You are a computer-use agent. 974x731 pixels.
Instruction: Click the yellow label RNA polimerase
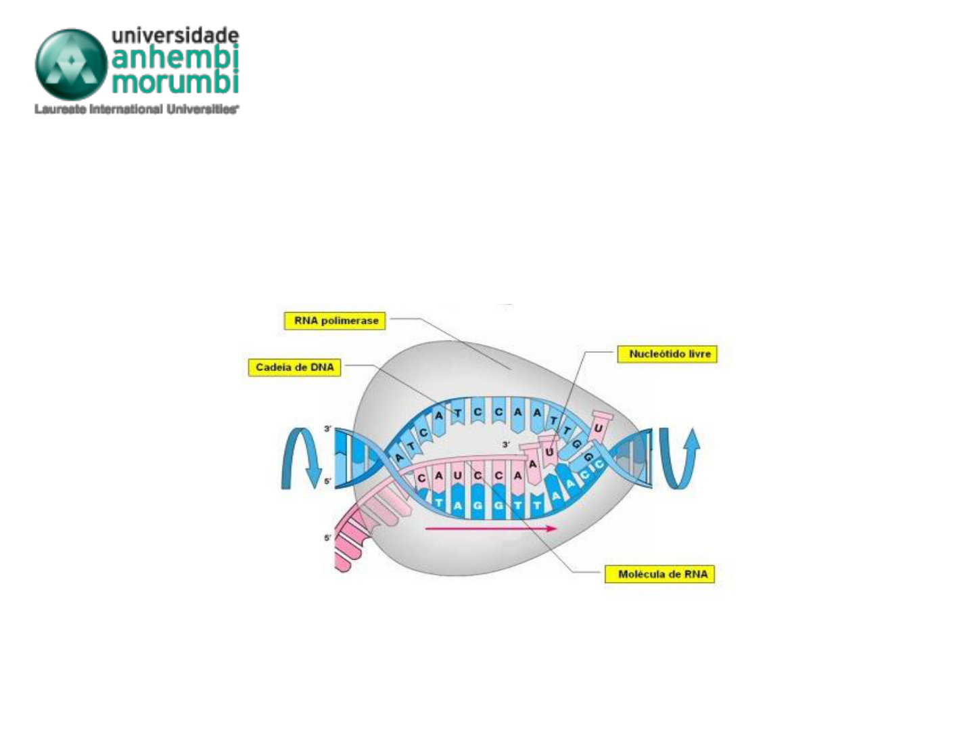[x=335, y=321]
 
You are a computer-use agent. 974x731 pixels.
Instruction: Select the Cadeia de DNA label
[x=294, y=368]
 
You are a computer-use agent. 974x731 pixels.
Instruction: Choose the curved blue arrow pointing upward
[x=680, y=458]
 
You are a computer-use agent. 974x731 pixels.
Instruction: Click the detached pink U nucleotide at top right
[x=599, y=427]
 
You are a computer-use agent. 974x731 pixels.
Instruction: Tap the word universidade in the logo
[x=175, y=35]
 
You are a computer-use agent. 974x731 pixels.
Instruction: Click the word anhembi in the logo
[x=175, y=58]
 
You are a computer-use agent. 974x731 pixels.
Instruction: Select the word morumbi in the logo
[x=175, y=82]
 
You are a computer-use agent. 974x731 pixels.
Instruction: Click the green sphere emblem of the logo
[x=70, y=64]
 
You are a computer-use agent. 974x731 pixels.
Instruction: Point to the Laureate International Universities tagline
[x=136, y=109]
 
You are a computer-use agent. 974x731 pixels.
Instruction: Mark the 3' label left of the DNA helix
[x=328, y=429]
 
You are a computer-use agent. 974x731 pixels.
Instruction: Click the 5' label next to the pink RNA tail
[x=328, y=538]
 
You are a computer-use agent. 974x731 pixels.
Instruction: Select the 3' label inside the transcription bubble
[x=505, y=445]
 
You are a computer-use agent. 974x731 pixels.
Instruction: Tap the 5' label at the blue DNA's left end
[x=328, y=481]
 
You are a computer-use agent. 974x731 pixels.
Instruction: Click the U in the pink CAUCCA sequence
[x=458, y=476]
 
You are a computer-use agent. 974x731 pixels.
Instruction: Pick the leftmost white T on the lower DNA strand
[x=440, y=504]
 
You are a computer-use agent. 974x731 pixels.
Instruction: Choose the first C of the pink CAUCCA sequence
[x=421, y=479]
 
